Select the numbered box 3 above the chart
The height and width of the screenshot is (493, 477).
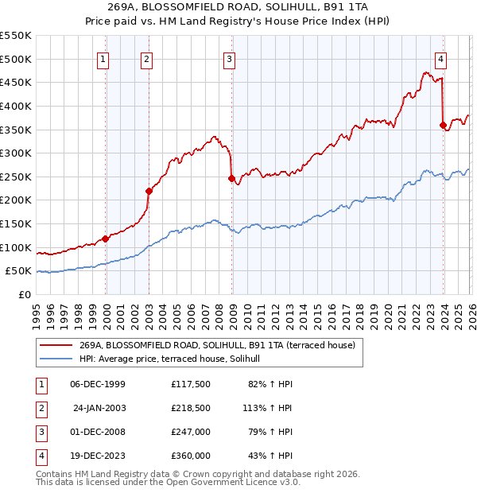(229, 58)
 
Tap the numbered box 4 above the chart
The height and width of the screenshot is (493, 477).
(440, 58)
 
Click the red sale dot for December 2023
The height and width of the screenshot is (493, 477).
(443, 125)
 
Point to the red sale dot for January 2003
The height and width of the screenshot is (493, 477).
(149, 191)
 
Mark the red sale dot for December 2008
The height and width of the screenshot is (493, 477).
(231, 178)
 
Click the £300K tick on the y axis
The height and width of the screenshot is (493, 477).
(16, 153)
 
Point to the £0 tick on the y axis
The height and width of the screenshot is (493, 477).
(24, 294)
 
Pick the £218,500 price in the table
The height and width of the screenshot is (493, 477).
(190, 408)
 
